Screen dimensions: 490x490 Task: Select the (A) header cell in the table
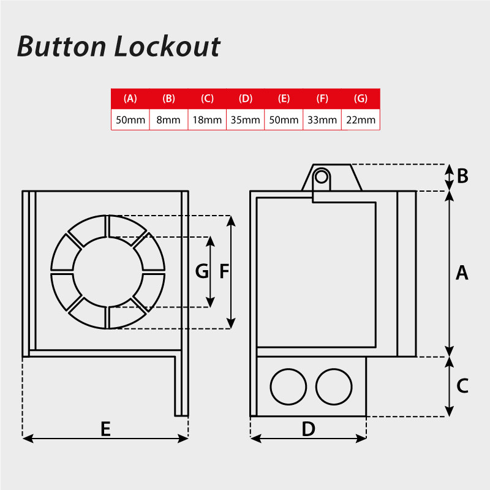tap(130, 99)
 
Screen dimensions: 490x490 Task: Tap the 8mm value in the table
tap(168, 120)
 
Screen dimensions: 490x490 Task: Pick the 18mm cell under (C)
tap(207, 120)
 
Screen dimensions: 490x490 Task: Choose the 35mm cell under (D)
tap(246, 120)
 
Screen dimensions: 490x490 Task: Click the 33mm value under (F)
tap(322, 120)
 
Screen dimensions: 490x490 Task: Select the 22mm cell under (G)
tap(361, 120)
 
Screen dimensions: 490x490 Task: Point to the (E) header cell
tap(284, 99)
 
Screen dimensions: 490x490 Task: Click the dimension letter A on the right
tap(462, 273)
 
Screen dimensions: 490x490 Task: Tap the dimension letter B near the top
tap(462, 176)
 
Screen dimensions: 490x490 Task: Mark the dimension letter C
tap(462, 386)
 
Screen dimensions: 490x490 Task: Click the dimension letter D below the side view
tap(308, 429)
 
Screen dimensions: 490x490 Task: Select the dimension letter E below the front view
tap(105, 429)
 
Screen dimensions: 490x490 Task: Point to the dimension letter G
tap(202, 271)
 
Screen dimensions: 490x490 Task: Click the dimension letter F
tap(224, 271)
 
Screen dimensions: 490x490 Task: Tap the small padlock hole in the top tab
tap(320, 177)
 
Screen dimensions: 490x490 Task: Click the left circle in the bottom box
tap(288, 386)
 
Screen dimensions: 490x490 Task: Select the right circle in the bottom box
tap(334, 386)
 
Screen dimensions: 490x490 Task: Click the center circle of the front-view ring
tap(108, 271)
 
